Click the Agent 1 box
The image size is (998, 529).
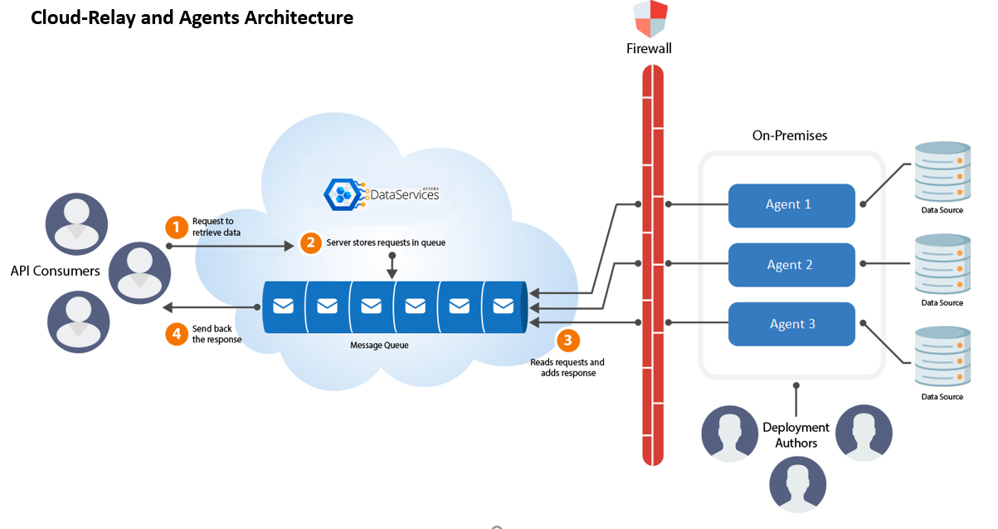click(791, 205)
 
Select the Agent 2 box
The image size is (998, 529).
click(791, 265)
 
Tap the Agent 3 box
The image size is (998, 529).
click(791, 324)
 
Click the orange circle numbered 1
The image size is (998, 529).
click(176, 227)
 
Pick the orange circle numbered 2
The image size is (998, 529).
click(310, 243)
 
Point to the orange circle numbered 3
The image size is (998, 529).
click(567, 340)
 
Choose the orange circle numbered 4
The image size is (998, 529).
click(176, 334)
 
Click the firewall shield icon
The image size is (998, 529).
click(650, 19)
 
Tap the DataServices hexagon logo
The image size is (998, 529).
click(340, 194)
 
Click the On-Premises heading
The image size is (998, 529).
click(790, 135)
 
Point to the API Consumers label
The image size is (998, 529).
click(55, 271)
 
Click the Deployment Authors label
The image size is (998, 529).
click(796, 435)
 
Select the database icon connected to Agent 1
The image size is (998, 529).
click(942, 172)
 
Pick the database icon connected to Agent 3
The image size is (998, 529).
click(942, 358)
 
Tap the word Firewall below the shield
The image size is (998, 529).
click(649, 49)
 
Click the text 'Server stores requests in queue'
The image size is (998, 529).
click(386, 243)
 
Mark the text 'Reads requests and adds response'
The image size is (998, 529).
click(567, 368)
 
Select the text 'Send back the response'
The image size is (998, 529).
click(217, 334)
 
